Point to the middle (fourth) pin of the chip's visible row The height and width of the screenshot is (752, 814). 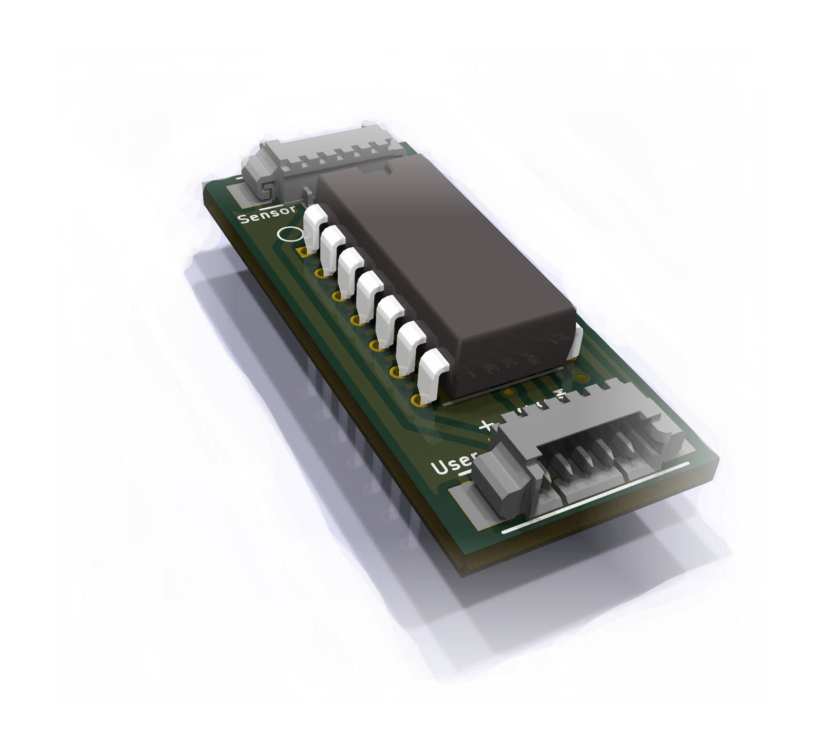370,291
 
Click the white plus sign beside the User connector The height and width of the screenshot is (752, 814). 486,425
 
